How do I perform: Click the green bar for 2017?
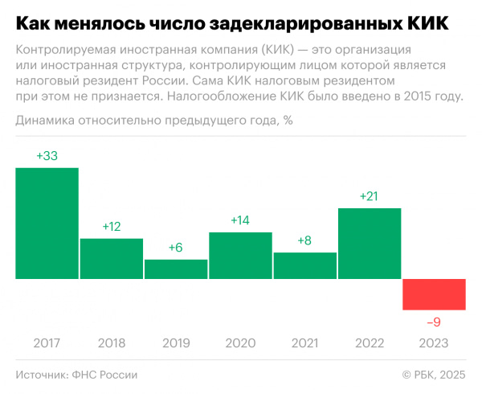click(x=47, y=223)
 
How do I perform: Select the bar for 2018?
click(x=112, y=258)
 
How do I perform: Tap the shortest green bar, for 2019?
click(x=176, y=269)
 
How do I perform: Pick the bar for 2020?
click(x=240, y=255)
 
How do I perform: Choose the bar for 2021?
click(x=305, y=265)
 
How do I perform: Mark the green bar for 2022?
click(x=370, y=243)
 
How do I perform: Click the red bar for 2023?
click(x=434, y=294)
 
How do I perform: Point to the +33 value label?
click(x=47, y=156)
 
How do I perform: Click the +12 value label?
click(x=112, y=227)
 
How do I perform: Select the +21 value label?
click(x=370, y=196)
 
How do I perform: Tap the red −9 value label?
click(x=434, y=322)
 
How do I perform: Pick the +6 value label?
click(x=176, y=248)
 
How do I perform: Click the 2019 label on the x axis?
click(x=176, y=343)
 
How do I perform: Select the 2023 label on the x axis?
click(x=434, y=343)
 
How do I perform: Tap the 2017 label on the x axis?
click(x=47, y=343)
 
